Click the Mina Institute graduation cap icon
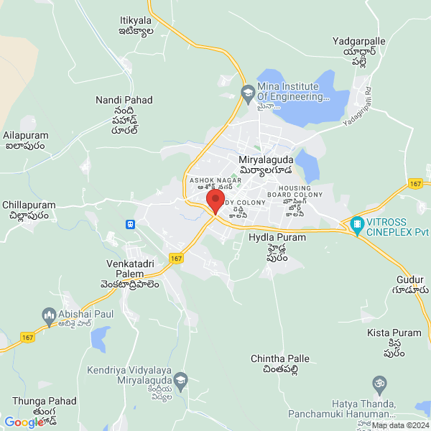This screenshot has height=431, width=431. click(248, 92)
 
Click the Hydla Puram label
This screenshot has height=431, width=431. click(277, 237)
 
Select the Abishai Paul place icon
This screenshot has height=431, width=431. click(49, 314)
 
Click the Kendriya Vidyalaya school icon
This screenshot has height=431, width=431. click(180, 378)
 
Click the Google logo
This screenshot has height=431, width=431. click(24, 422)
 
